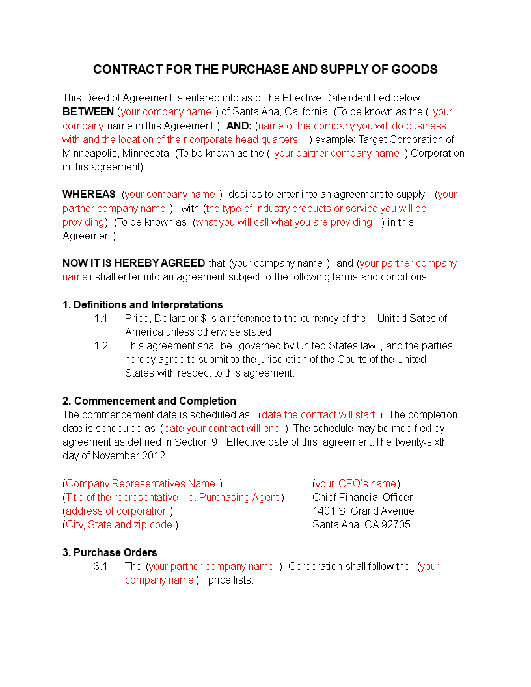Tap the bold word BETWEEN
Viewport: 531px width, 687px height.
point(88,112)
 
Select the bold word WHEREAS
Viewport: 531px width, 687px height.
point(88,195)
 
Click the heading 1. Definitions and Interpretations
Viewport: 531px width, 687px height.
point(143,304)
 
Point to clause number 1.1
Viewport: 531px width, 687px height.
point(101,319)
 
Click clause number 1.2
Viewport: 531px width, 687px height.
point(101,346)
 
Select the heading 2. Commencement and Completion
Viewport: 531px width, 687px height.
point(149,401)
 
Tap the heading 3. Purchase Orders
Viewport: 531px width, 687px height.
point(110,552)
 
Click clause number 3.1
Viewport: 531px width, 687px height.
point(101,567)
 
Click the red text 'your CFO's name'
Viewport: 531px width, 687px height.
point(356,484)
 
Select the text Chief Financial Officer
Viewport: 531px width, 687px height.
point(362,498)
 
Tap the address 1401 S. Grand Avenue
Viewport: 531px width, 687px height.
point(363,511)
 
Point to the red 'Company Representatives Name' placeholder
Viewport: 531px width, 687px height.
point(141,484)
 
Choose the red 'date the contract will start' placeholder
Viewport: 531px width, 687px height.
point(318,415)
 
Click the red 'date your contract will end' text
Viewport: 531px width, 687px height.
point(222,429)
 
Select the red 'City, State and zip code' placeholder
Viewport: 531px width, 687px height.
point(119,525)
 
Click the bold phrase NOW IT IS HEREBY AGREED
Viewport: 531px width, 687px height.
point(134,263)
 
